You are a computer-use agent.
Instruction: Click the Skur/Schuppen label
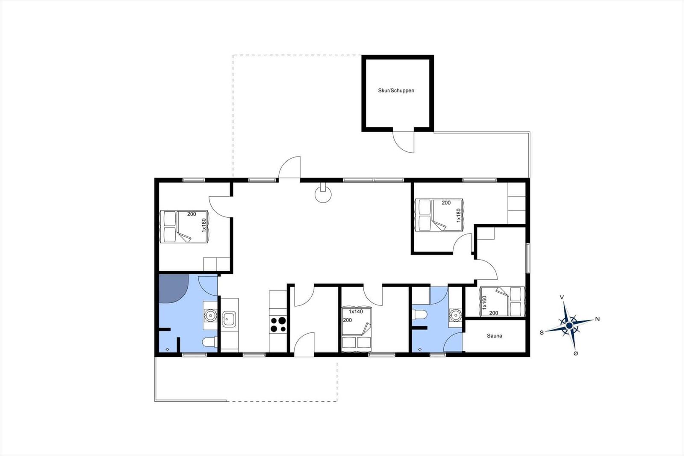[x=396, y=90]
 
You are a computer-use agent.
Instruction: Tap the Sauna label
[x=494, y=336]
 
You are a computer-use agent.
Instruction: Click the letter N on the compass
[x=597, y=319]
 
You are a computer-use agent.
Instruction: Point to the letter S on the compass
[x=542, y=332]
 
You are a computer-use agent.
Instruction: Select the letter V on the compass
[x=562, y=297]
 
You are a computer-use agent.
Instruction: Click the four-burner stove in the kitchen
[x=278, y=324]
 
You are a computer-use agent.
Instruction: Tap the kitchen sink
[x=229, y=319]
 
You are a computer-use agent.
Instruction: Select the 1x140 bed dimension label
[x=356, y=312]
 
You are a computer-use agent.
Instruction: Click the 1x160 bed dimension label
[x=484, y=302]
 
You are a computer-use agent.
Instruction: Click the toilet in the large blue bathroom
[x=209, y=342]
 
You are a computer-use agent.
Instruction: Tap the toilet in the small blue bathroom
[x=419, y=314]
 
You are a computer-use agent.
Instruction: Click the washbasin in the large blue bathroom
[x=210, y=314]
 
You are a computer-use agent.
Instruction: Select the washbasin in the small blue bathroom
[x=455, y=314]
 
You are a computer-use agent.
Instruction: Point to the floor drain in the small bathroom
[x=420, y=349]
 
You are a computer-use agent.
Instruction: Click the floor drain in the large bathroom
[x=167, y=349]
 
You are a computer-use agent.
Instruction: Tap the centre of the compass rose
[x=569, y=326]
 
